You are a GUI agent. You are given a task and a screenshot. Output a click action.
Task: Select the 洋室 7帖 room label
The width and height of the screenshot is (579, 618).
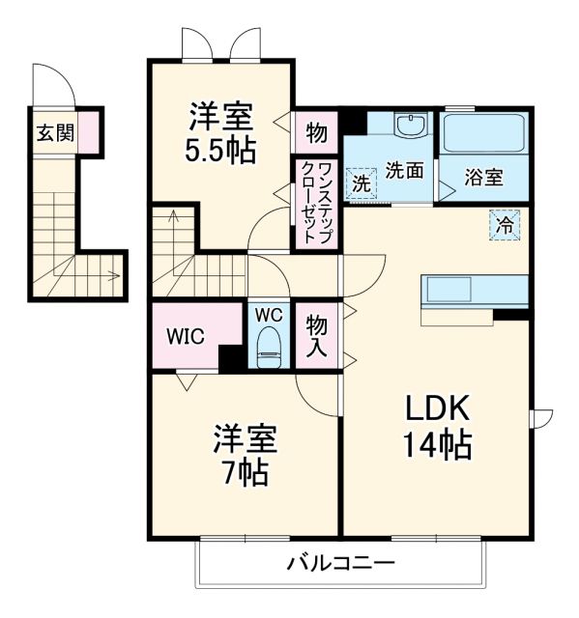(x=245, y=455)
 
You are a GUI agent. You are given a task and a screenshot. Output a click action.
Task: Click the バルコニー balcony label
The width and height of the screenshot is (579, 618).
(x=339, y=563)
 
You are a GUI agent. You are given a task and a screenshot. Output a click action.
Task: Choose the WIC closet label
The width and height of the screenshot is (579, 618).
(x=184, y=337)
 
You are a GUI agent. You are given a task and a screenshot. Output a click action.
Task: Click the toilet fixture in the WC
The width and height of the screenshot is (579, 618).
(x=269, y=349)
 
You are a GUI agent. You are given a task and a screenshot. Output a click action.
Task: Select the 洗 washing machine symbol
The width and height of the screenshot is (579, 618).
(x=360, y=182)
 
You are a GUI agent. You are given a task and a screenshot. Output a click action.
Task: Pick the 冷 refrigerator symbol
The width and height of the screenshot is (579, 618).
(x=506, y=224)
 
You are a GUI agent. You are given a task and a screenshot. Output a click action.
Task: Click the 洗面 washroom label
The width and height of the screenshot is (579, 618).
(x=405, y=170)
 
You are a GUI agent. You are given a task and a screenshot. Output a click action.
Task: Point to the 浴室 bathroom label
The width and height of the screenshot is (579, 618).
(x=482, y=178)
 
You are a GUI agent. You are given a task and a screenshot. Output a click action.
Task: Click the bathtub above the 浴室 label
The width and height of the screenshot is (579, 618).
(x=484, y=134)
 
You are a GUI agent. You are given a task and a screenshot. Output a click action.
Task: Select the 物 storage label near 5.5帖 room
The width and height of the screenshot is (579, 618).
(x=316, y=130)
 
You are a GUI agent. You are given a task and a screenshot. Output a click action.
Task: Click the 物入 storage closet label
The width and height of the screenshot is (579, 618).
(x=316, y=335)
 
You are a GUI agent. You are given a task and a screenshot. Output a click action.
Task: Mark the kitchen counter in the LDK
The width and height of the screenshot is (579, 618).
(x=475, y=290)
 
